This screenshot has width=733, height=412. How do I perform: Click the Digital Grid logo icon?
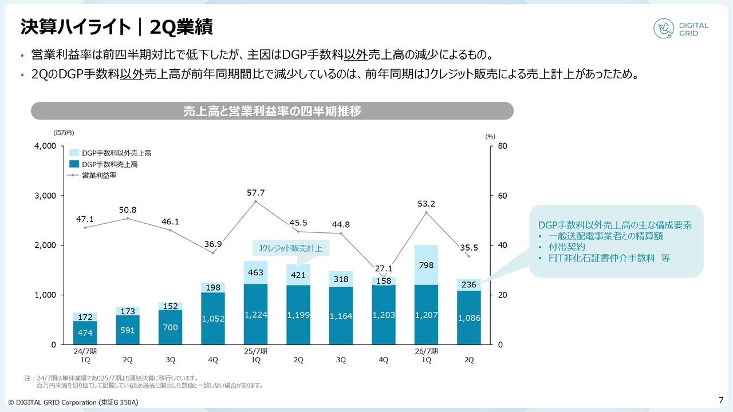pos(664,29)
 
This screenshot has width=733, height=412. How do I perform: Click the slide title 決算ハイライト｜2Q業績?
pos(117,26)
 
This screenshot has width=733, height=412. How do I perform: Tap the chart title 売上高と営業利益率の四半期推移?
pos(272,111)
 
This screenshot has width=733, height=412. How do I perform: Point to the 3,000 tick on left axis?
pos(44,196)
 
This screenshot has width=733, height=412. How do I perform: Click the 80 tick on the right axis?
pos(502,146)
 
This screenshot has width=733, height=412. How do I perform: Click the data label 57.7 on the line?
pos(255,193)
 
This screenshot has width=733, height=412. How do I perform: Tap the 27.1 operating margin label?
pos(383,268)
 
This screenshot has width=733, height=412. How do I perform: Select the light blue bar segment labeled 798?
pos(426,265)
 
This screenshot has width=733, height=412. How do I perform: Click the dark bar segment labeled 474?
pos(85,332)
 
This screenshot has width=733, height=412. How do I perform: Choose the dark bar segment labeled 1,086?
pos(468,318)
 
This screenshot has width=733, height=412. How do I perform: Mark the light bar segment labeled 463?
pos(255,272)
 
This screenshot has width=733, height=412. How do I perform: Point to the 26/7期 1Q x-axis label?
pos(426,355)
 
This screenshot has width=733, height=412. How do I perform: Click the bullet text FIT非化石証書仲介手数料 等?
pos(609,258)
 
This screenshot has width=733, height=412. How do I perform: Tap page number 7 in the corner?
pos(720,399)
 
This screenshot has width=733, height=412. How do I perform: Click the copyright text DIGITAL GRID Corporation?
pos(73,402)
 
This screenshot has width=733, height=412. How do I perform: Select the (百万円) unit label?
pos(64,133)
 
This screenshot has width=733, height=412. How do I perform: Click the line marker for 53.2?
pos(426,212)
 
